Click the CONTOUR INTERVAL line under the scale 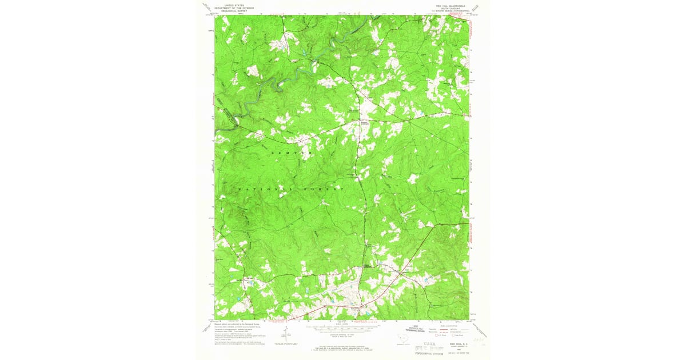coord(343,335)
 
